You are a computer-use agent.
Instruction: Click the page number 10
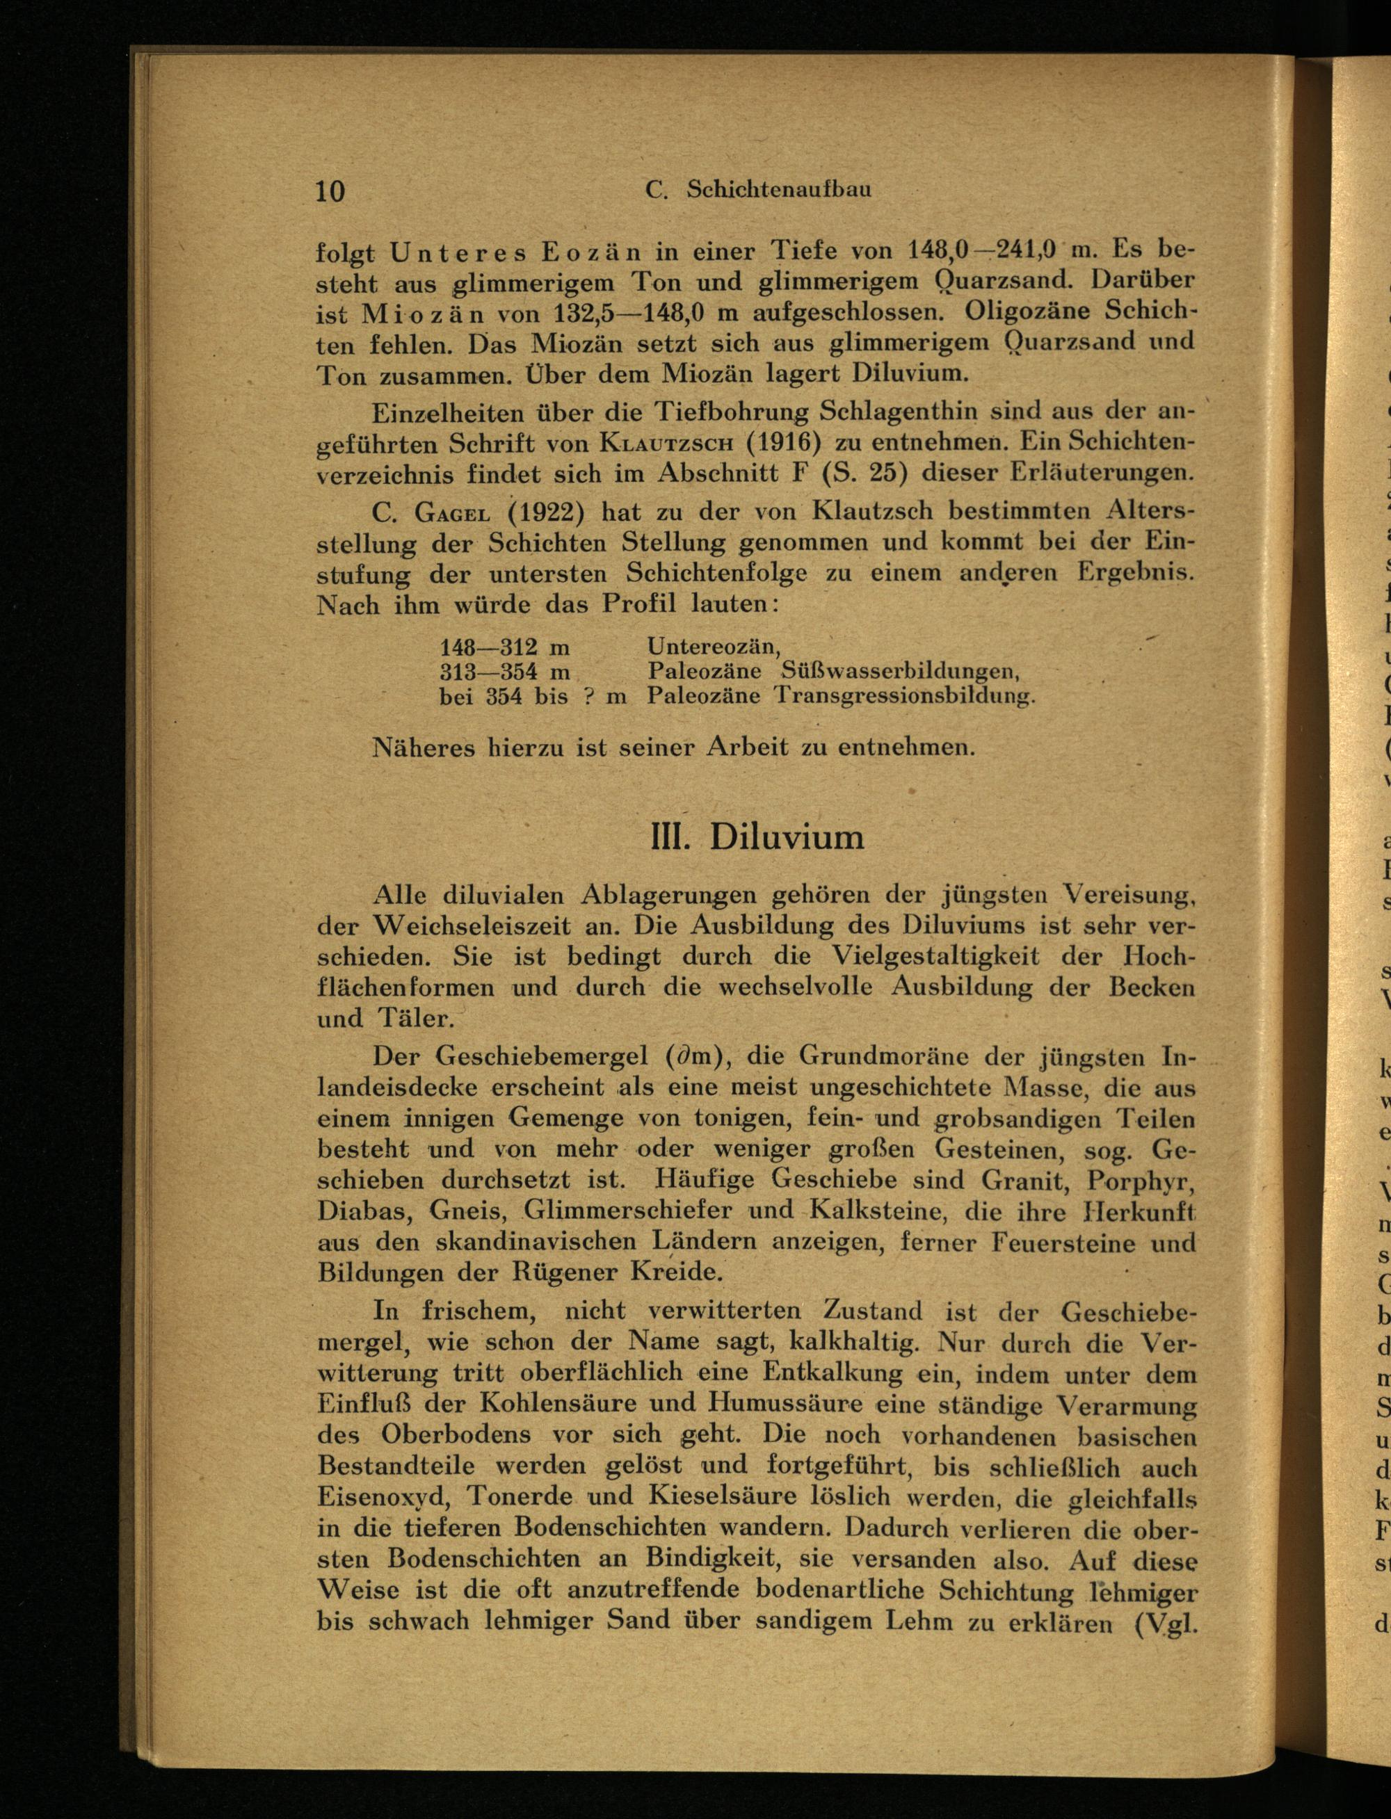click(x=330, y=191)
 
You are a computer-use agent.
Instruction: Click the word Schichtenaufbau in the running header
click(x=778, y=190)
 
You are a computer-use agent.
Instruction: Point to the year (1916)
click(x=783, y=442)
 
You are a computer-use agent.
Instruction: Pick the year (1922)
click(x=547, y=512)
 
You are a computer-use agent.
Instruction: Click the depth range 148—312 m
click(x=504, y=647)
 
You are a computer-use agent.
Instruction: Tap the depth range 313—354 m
click(x=504, y=671)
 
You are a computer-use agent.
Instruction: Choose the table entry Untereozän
click(x=714, y=647)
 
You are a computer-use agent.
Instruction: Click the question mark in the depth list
click(x=590, y=696)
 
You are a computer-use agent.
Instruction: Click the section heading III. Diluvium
click(x=757, y=836)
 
